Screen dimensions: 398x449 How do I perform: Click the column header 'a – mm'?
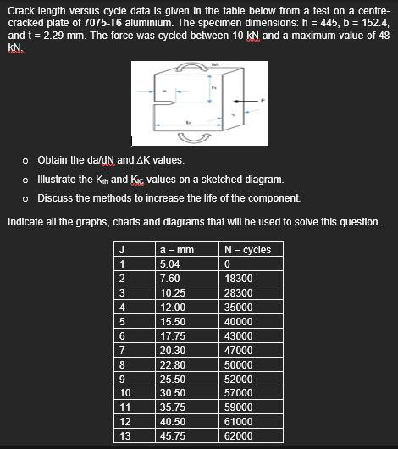177,249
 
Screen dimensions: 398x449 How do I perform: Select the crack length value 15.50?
174,321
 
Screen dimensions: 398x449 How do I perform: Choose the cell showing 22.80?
174,364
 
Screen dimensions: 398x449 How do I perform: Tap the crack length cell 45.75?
174,436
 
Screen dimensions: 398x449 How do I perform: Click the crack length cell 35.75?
174,407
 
